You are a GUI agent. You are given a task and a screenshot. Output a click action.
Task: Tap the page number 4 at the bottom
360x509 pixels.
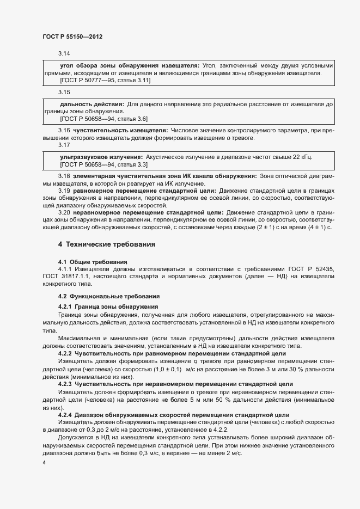point(44,462)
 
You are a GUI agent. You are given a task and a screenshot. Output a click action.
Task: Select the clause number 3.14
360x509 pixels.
point(64,53)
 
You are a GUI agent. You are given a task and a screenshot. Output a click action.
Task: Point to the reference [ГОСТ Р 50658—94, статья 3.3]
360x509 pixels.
point(103,164)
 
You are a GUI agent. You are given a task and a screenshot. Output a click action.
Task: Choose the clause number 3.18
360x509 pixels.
point(64,176)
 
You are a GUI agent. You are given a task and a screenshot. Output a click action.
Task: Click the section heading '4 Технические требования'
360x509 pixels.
point(107,244)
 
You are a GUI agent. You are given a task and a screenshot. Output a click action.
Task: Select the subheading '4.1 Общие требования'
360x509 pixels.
point(93,262)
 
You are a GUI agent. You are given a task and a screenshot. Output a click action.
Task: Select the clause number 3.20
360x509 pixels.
point(64,212)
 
